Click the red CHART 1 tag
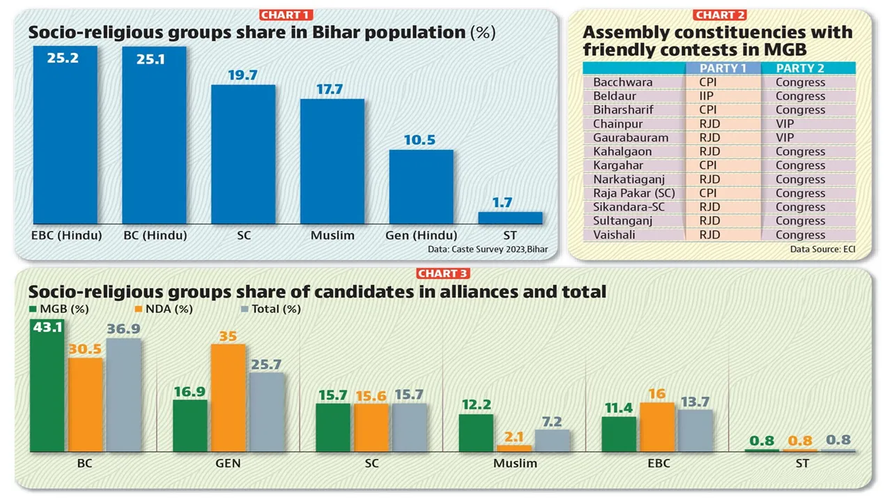[286, 15]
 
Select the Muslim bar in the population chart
[332, 161]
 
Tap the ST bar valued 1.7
[510, 218]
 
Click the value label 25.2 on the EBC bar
[63, 58]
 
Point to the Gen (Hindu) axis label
[422, 236]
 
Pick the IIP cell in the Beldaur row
[707, 96]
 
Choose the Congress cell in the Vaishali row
[800, 235]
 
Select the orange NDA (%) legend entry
[164, 309]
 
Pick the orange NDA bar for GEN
[228, 397]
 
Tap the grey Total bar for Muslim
[552, 440]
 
